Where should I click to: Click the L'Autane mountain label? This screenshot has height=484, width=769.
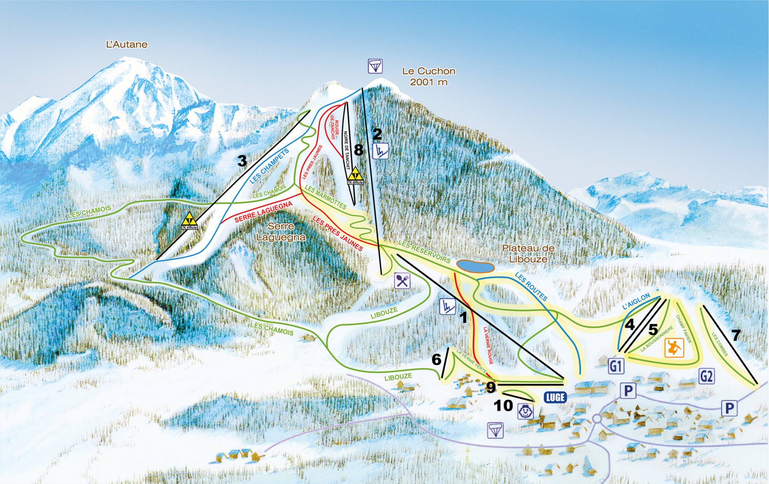pos(127,45)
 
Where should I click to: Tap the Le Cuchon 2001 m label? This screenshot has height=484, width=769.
pos(429,77)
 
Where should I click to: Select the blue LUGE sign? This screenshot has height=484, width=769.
pos(555,397)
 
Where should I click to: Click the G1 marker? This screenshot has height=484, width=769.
pos(616,366)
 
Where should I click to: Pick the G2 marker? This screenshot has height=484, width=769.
pos(706,376)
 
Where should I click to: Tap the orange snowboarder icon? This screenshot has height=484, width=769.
pos(674,348)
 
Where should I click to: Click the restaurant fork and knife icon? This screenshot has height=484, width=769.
pos(402,281)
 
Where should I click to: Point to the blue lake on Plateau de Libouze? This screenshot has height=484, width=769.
pos(475,266)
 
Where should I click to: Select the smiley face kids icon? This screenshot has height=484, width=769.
pos(525,411)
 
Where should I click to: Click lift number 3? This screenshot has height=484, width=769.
pos(242,161)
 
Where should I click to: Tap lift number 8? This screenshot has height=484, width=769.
pos(358,150)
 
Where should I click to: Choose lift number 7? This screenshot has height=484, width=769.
pos(736,335)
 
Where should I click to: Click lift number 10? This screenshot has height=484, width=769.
pos(503,405)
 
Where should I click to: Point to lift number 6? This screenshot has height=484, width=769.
pos(436,360)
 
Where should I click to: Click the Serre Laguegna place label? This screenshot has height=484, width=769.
pos(281,232)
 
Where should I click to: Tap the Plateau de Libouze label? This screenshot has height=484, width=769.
pos(528,254)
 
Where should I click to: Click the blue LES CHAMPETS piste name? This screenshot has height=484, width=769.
pos(269,166)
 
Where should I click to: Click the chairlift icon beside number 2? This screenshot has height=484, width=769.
pos(380,151)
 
